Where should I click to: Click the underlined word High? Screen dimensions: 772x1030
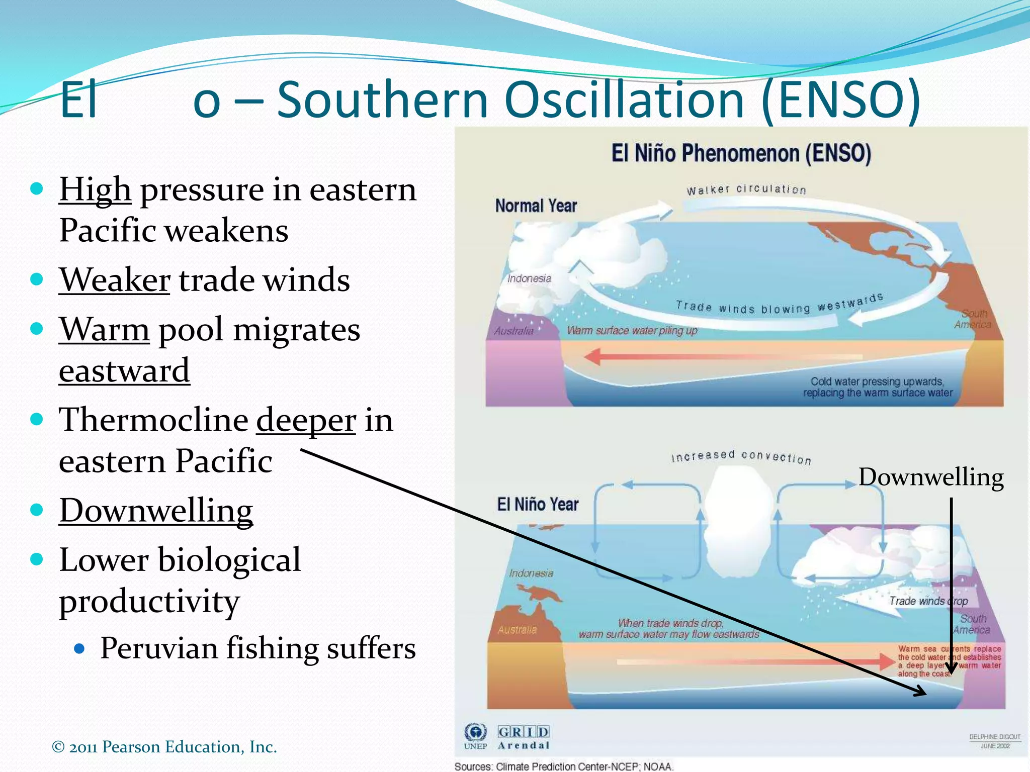(95, 190)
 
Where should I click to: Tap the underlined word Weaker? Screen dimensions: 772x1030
(115, 280)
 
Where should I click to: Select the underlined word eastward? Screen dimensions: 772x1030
(124, 371)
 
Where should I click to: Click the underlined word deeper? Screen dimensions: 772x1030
(306, 420)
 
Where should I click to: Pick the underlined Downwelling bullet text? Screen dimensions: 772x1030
(156, 511)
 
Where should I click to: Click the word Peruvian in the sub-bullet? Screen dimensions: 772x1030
(159, 648)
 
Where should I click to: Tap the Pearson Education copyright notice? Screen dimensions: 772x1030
(164, 747)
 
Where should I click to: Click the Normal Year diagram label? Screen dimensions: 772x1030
(536, 206)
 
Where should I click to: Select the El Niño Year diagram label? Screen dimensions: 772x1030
(538, 504)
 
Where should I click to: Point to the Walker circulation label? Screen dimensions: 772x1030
(746, 189)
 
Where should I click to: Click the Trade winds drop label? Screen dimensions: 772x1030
(928, 601)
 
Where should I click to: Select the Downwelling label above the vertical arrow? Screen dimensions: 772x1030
(931, 477)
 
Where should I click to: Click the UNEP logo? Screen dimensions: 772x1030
(475, 736)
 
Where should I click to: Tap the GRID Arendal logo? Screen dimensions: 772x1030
(524, 737)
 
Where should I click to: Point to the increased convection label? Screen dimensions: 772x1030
(741, 456)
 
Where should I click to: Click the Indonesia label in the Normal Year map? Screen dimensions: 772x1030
(529, 278)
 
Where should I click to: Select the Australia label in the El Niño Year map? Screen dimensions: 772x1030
(517, 630)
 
